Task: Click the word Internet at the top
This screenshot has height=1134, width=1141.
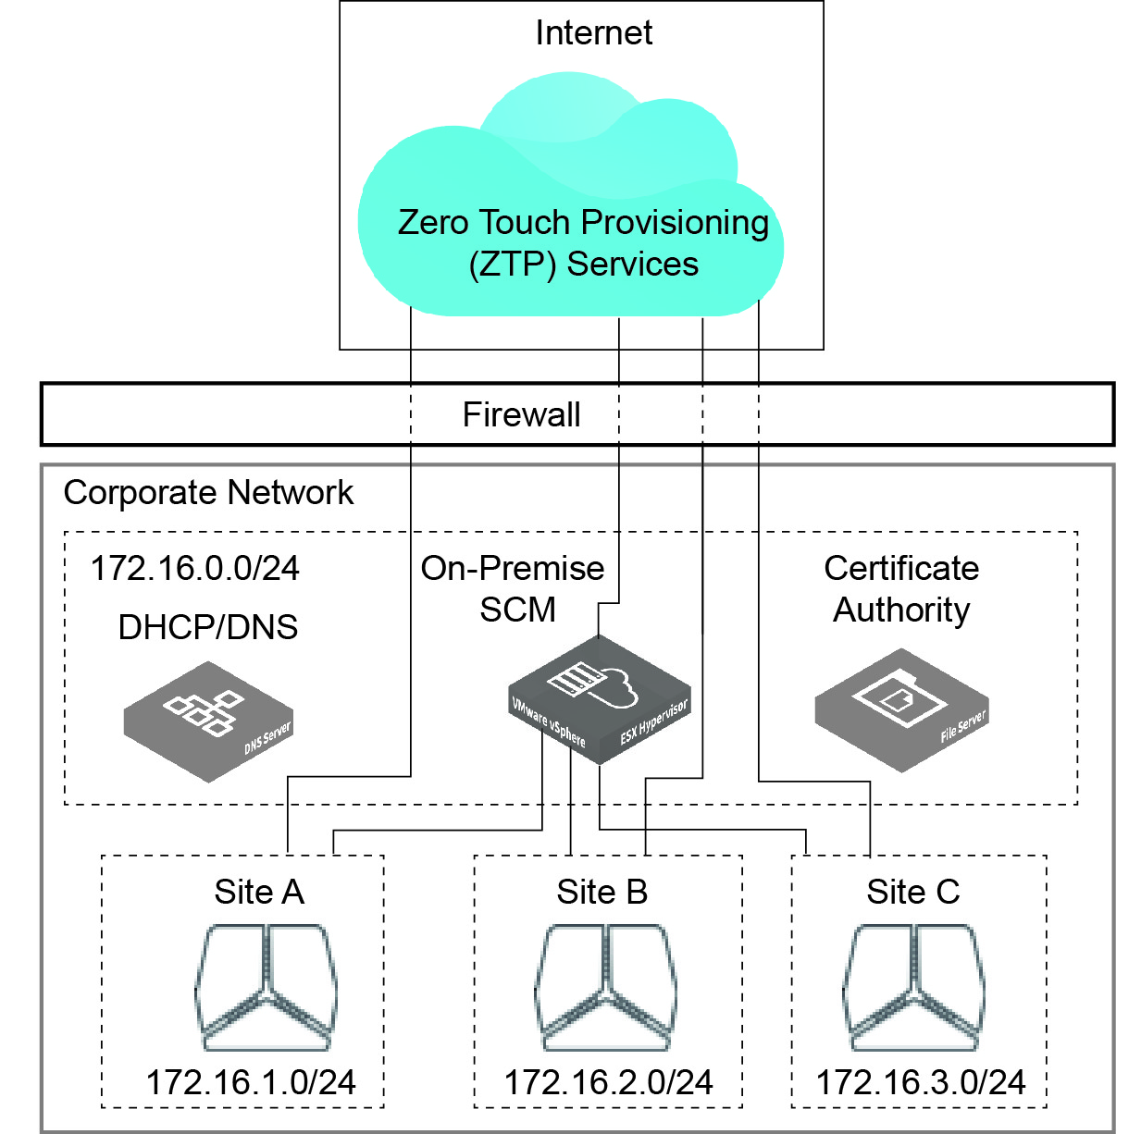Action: pyautogui.click(x=593, y=33)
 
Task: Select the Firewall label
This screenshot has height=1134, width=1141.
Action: pyautogui.click(x=521, y=414)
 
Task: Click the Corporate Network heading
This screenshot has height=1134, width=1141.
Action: pyautogui.click(x=208, y=493)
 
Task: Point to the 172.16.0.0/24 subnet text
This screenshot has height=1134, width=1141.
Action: pyautogui.click(x=194, y=568)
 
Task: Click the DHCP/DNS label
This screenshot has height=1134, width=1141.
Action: pyautogui.click(x=208, y=627)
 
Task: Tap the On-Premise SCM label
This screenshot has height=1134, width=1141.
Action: pyautogui.click(x=513, y=588)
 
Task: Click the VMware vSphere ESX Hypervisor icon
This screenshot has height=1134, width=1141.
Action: pyautogui.click(x=599, y=698)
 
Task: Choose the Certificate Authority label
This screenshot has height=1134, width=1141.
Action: pyautogui.click(x=901, y=588)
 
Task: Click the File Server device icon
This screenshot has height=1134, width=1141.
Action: pyautogui.click(x=901, y=709)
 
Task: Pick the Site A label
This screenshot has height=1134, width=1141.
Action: pyautogui.click(x=259, y=892)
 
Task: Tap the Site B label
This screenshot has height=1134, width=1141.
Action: pyautogui.click(x=602, y=892)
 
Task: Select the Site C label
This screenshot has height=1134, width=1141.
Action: pyautogui.click(x=912, y=892)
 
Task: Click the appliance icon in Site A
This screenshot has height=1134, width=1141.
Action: pyautogui.click(x=266, y=987)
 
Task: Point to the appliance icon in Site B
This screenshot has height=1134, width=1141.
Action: pyautogui.click(x=604, y=987)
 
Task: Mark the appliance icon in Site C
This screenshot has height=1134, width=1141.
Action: pyautogui.click(x=913, y=987)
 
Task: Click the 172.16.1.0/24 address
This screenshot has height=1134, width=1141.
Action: pyautogui.click(x=251, y=1082)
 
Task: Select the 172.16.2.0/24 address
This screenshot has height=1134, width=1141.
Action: pyautogui.click(x=608, y=1082)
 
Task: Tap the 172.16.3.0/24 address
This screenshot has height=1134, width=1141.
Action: pyautogui.click(x=921, y=1082)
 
